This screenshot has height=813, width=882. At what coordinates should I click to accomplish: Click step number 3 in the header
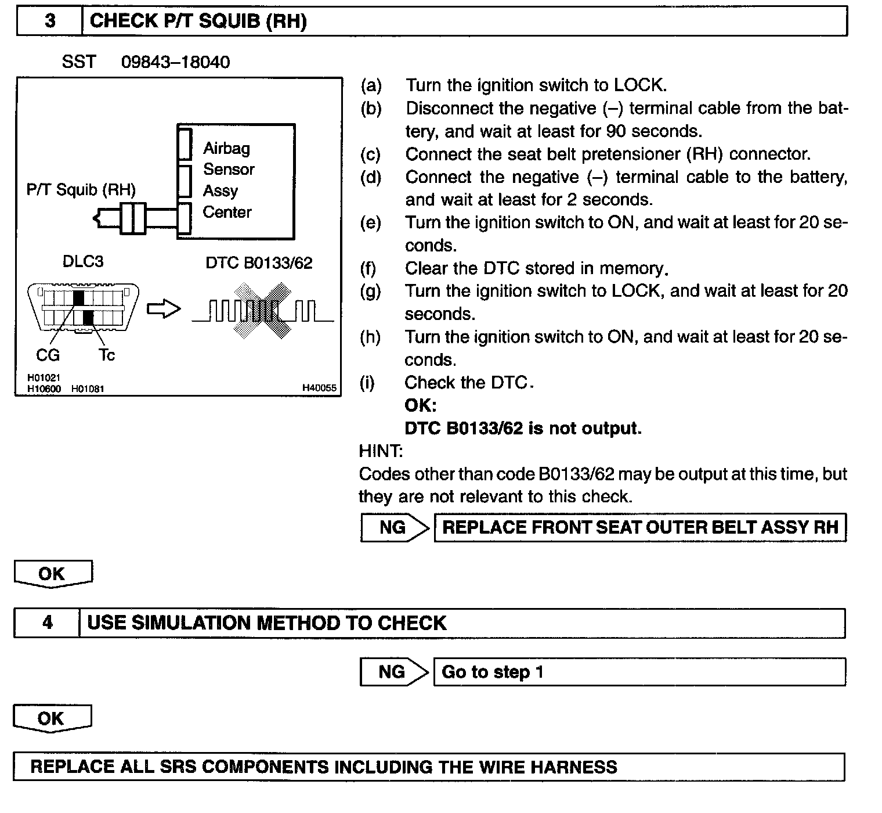pos(50,21)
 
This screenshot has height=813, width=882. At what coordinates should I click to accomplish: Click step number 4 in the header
pos(48,623)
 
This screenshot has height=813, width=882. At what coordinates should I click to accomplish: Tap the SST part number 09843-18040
pos(175,62)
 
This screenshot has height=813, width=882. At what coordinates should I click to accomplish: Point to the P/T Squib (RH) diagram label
pos(81,190)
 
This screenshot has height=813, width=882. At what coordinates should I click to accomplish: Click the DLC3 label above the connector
pos(83,262)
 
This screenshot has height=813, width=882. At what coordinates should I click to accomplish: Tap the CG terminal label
pos(48,355)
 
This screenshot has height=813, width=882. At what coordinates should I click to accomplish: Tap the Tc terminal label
pos(107,355)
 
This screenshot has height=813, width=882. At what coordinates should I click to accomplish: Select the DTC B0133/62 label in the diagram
pos(259,263)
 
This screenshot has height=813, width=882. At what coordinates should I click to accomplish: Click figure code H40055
pos(319,388)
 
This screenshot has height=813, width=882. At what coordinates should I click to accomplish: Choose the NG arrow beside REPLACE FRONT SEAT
pos(395,527)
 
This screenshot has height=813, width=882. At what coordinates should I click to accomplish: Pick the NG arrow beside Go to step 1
pos(393,672)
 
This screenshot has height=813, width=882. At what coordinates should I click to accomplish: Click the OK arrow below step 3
pos(52,574)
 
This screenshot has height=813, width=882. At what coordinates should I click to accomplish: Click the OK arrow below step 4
pos(52,718)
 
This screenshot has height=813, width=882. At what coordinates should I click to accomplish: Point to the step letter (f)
pos(370,268)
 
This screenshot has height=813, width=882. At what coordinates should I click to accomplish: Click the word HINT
pos(381,451)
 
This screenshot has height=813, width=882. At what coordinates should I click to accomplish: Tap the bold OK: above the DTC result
pos(420,405)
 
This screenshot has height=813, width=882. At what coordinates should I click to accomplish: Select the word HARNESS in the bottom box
pos(574,767)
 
